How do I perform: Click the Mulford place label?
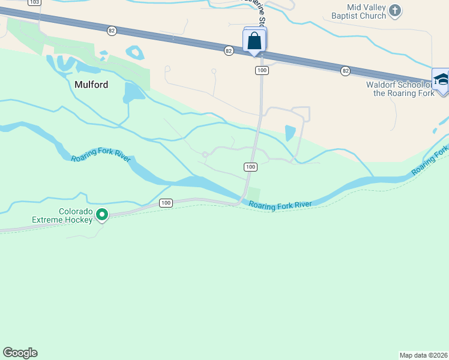tap(91, 85)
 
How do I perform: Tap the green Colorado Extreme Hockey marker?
tap(102, 214)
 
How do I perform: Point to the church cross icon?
tap(395, 10)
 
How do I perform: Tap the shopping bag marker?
tap(255, 41)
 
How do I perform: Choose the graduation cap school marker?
tap(441, 80)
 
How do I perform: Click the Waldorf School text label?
tap(400, 89)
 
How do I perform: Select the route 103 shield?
tap(35, 2)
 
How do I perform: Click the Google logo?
tap(20, 353)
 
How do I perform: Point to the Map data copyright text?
tap(424, 355)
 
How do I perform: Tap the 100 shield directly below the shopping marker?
tap(261, 71)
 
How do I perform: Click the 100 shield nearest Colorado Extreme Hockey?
tap(166, 203)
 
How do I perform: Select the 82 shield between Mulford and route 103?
tap(112, 31)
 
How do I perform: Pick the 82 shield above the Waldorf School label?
tap(345, 71)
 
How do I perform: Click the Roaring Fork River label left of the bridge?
tap(101, 158)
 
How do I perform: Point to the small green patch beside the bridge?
tap(254, 194)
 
